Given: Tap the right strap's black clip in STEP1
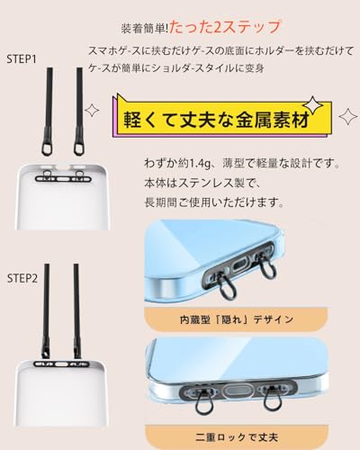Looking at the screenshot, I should pyautogui.click(x=79, y=149).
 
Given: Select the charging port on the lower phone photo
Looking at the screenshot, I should pyautogui.click(x=241, y=392).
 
